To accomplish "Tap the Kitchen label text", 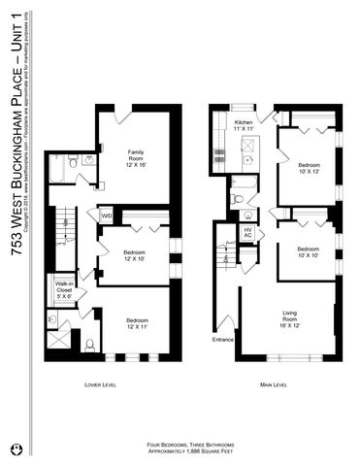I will [244, 125].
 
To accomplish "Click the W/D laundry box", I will [106, 215].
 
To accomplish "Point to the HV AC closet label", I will [247, 234].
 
